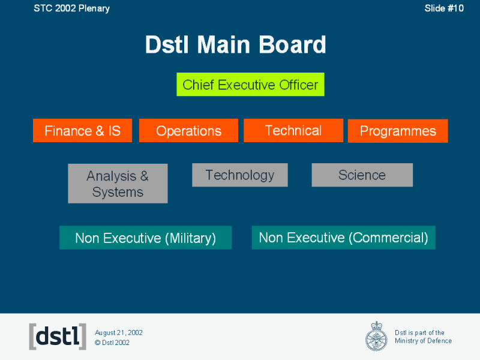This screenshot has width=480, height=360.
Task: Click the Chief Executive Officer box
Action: click(x=250, y=85)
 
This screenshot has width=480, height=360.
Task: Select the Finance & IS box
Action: click(x=82, y=131)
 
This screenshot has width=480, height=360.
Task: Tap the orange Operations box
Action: click(x=188, y=131)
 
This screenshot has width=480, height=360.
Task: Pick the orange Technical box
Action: click(x=293, y=130)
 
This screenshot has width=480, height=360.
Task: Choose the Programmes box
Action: click(x=398, y=131)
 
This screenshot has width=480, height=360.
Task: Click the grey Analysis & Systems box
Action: click(x=118, y=184)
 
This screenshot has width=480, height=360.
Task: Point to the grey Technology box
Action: click(x=239, y=175)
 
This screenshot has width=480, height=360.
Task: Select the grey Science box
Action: click(x=362, y=175)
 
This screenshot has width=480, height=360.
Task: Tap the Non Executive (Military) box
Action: click(x=145, y=238)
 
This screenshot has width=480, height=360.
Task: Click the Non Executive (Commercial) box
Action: click(x=343, y=238)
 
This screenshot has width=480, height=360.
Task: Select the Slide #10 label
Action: click(x=444, y=8)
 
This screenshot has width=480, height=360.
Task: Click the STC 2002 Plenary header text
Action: click(x=71, y=8)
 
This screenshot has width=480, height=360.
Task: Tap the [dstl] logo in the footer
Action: click(x=58, y=337)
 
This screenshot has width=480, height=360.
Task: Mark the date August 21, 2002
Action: click(x=119, y=332)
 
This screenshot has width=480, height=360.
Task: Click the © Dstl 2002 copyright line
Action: click(x=112, y=343)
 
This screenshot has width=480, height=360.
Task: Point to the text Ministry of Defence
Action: click(x=423, y=341)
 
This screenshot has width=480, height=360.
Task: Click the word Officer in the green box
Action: click(x=298, y=85)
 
